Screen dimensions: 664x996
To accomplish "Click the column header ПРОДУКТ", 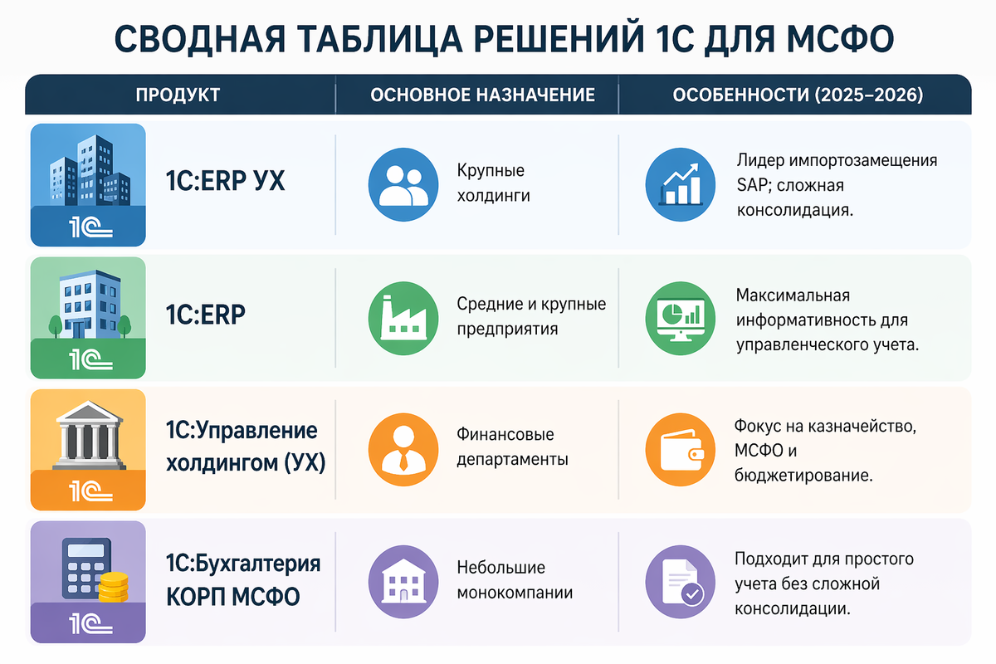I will pos(178,95).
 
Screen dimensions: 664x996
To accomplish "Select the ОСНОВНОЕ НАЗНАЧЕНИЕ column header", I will pos(482,95).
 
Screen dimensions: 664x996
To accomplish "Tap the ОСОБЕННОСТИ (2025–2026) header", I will pos(797,95).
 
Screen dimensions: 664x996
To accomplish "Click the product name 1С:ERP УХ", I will pos(226,181).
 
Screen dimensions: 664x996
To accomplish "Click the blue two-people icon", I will pos(402,185).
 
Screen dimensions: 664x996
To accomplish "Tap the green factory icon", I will pos(402,318).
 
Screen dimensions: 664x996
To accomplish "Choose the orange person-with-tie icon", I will pos(402,450).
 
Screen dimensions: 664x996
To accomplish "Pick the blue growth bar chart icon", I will pos(680,185).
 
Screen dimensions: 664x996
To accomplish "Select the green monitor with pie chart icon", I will pos(680,318).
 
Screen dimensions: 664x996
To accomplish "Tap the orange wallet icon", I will pos(680,450).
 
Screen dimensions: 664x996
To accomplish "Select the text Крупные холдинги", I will pos(493,183).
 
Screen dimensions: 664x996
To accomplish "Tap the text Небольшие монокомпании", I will pos(515,581).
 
